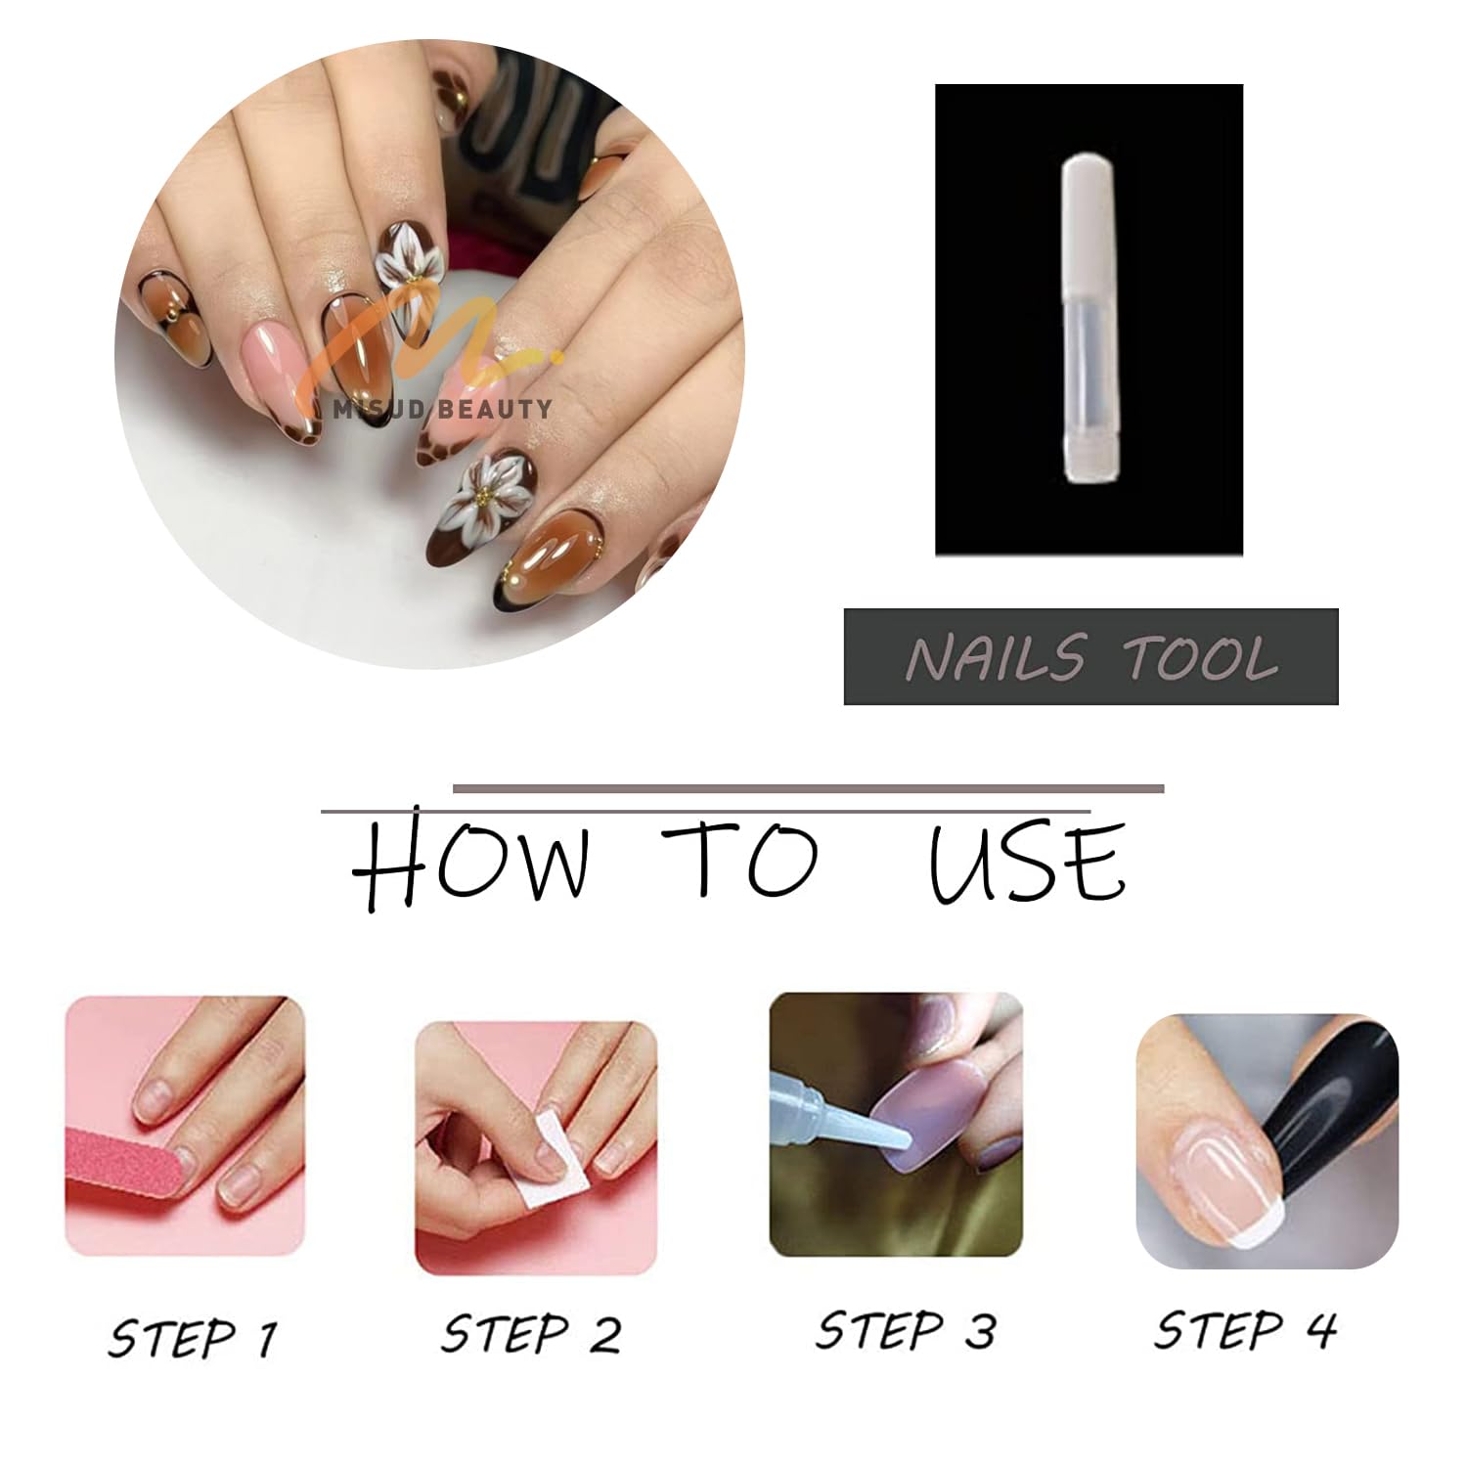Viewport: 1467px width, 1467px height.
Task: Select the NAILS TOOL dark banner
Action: pyautogui.click(x=1090, y=656)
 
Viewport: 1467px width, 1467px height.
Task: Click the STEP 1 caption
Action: pyautogui.click(x=193, y=1337)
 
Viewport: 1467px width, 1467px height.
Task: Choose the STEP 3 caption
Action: pyautogui.click(x=906, y=1330)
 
